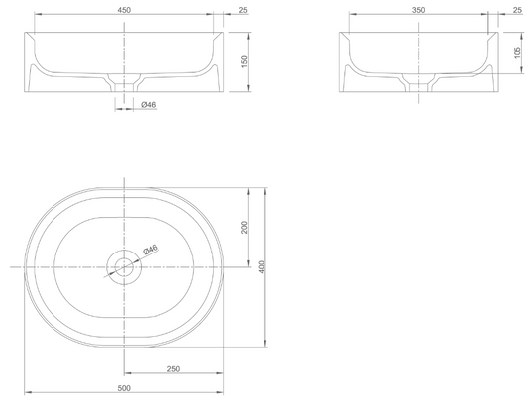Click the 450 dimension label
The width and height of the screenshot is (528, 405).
124,10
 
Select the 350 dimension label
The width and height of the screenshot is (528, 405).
418,10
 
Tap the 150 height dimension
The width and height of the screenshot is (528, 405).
244,61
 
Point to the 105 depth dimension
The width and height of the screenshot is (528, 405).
517,52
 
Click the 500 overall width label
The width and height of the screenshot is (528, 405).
124,388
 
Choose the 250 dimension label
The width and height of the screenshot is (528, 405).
173,369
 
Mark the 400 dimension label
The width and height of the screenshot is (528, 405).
262,267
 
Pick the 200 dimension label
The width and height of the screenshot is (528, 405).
244,227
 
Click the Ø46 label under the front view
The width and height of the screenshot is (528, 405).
149,105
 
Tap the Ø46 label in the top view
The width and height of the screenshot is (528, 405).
151,250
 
